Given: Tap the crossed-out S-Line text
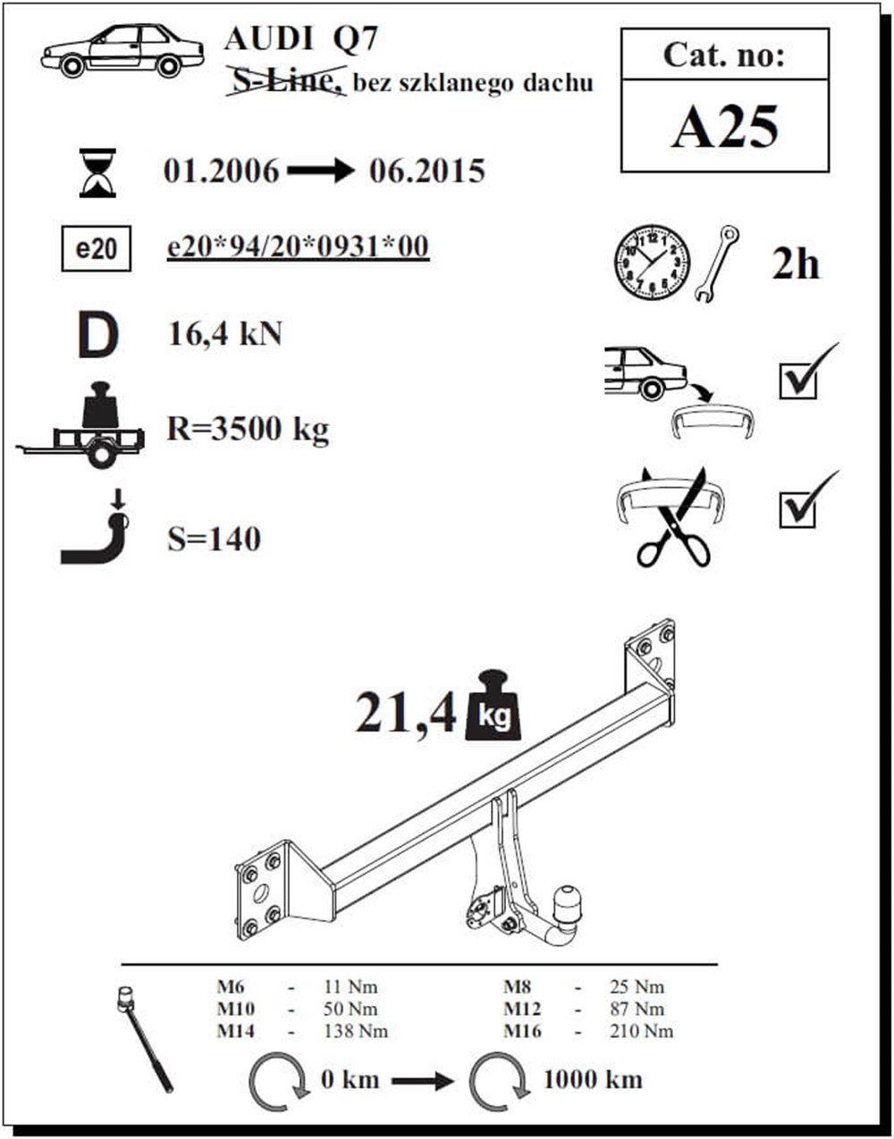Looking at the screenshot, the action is pos(286,81).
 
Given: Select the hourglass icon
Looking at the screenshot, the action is pos(97,173).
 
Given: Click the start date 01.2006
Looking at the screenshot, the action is pos(222,171).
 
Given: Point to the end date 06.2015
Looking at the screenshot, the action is pos(427,171).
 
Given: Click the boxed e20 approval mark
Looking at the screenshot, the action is pos(97,248).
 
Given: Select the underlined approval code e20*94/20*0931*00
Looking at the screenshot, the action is pos(298,247).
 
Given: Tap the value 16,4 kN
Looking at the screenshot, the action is pos(225,333).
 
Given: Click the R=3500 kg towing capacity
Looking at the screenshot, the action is pos(248,430).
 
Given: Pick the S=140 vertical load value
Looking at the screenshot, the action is pos(214,540).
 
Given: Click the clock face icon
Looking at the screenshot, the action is pos(652,262).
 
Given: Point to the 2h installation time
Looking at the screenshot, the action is pos(796,264).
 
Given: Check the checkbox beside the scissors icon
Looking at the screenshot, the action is pos(797,509).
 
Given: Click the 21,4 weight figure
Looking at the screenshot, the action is pos(406,714).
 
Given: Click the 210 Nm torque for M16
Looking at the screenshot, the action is pos(641,1031).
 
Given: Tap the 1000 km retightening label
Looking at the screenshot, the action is pos(593,1080).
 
